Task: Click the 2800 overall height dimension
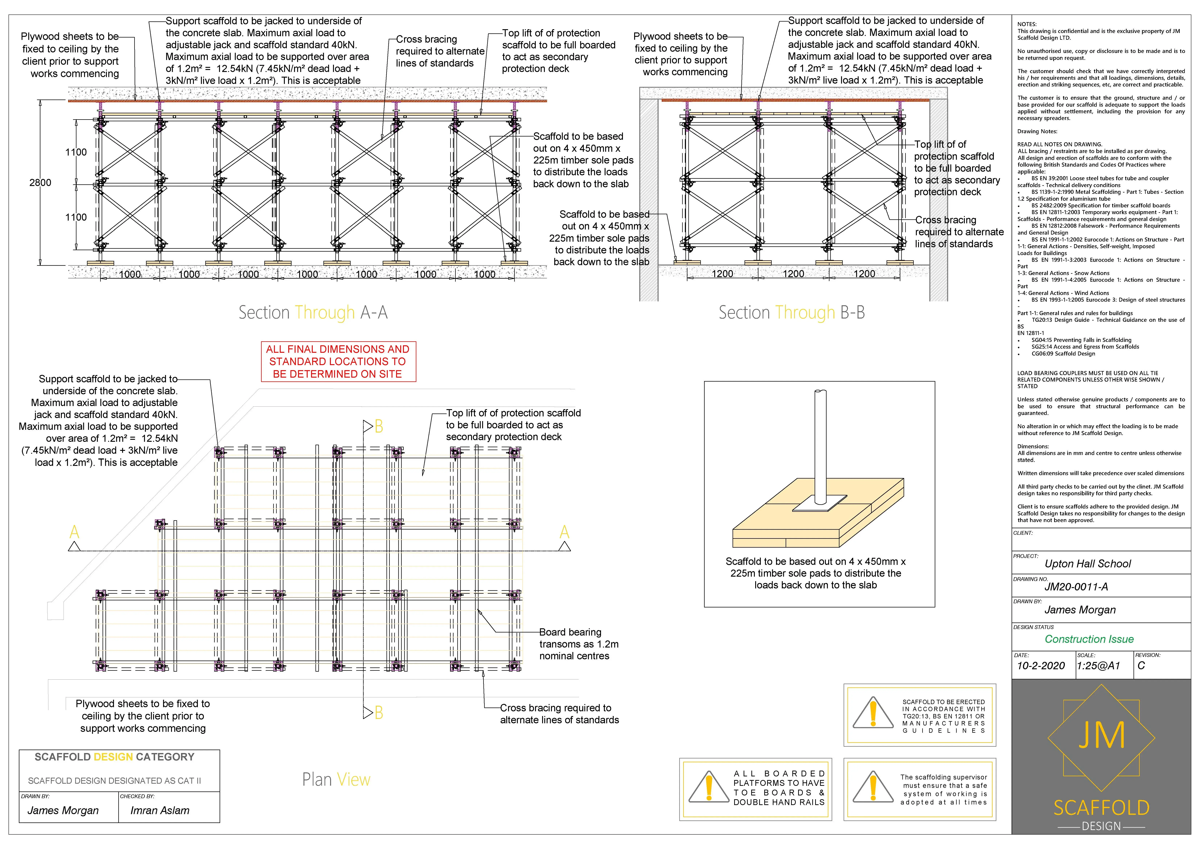[x=40, y=183]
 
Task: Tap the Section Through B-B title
[x=791, y=313]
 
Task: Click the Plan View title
[x=336, y=779]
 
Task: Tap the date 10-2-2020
[x=1041, y=665]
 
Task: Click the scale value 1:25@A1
[x=1098, y=665]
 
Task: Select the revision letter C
[x=1141, y=665]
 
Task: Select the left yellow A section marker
[x=74, y=532]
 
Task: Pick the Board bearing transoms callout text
[x=579, y=644]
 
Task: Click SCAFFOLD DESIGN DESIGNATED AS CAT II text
[x=115, y=781]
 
